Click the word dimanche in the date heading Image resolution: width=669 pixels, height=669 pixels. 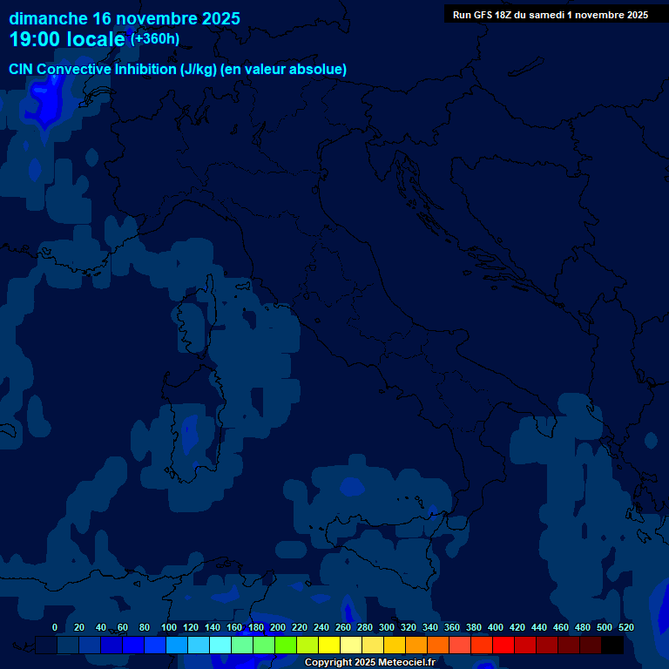[x=48, y=18]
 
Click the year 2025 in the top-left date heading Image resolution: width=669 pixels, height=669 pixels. [x=214, y=18]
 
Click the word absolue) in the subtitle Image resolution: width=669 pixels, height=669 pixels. [x=319, y=69]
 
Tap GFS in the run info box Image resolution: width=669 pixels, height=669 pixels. [x=482, y=15]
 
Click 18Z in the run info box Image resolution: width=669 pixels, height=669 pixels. [x=503, y=15]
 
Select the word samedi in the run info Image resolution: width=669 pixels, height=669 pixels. [x=545, y=15]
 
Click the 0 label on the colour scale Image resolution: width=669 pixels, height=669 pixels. [x=55, y=627]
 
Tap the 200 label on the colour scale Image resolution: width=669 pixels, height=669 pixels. [x=278, y=627]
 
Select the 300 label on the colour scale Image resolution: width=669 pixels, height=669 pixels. [x=387, y=627]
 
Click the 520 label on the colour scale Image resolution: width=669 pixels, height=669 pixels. [x=626, y=627]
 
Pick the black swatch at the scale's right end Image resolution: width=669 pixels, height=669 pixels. [x=612, y=645]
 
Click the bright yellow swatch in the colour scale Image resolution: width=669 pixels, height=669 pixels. [x=329, y=645]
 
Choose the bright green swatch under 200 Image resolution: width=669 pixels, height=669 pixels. [x=286, y=645]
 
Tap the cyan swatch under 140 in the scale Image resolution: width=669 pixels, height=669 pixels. [x=220, y=645]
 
